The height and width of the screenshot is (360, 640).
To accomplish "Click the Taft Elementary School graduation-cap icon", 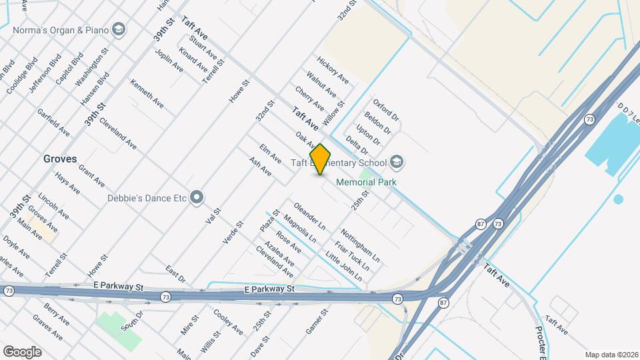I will [x=397, y=162].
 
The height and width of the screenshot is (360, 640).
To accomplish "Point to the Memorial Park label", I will [x=366, y=182].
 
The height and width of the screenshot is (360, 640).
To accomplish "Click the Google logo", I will [x=22, y=351].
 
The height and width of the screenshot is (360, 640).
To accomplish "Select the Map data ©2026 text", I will [x=611, y=355].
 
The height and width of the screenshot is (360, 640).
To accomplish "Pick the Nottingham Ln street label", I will [x=360, y=245].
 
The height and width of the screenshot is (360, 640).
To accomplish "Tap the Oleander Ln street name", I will [x=309, y=215].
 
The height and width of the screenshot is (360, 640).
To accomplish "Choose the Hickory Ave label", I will [x=333, y=70].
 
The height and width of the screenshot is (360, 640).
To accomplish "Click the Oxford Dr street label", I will [x=386, y=111].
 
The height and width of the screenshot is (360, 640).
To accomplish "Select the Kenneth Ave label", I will [x=147, y=95].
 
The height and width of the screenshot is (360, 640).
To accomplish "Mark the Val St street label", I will [x=213, y=215].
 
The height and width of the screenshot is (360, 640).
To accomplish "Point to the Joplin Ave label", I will [x=169, y=59].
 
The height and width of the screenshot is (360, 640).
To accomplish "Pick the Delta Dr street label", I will [x=357, y=145].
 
